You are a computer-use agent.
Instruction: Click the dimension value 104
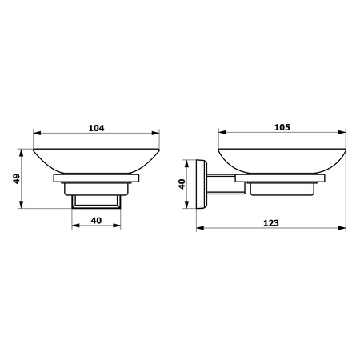click(x=96, y=128)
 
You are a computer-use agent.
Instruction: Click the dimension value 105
click(x=282, y=127)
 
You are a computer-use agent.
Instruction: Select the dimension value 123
click(x=271, y=223)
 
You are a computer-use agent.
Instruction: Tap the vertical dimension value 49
click(x=17, y=178)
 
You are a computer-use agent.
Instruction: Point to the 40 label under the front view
click(x=96, y=221)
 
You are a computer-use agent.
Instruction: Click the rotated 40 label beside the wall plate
click(x=182, y=184)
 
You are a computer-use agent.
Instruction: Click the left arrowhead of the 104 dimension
click(x=37, y=133)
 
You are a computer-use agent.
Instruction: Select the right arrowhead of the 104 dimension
click(x=155, y=133)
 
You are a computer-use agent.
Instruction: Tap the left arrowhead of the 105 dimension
click(x=222, y=132)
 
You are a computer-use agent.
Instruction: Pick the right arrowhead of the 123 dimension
click(x=342, y=228)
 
